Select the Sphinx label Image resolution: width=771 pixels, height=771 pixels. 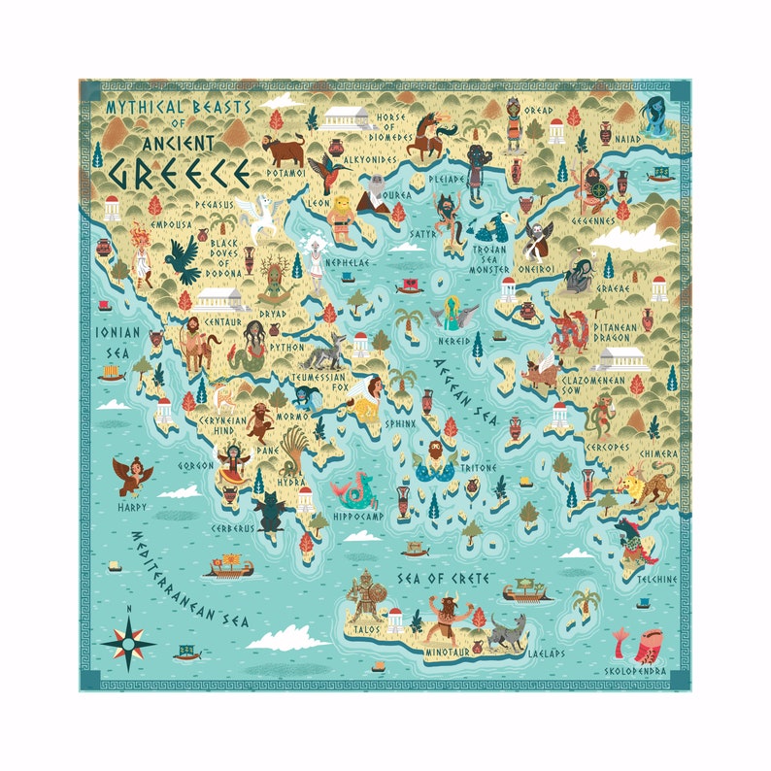pyautogui.click(x=400, y=423)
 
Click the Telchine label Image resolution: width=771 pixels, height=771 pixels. pyautogui.click(x=656, y=579)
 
